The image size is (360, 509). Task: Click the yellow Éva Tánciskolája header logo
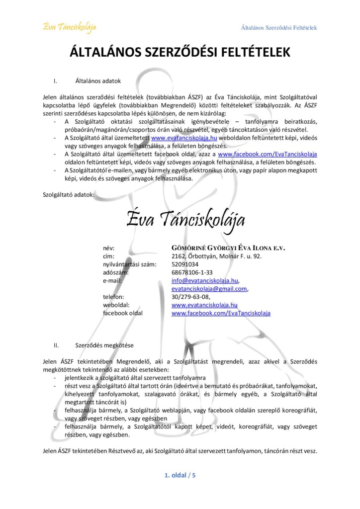[x=69, y=26]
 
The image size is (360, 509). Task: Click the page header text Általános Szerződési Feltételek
[x=278, y=28]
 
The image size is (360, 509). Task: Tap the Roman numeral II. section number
[x=56, y=344]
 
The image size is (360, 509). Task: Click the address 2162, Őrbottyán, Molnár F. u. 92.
[x=216, y=256]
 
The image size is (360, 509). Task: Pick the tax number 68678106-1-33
[x=192, y=272]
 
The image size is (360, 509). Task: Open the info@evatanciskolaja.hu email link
[x=205, y=281]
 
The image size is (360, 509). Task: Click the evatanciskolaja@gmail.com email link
[x=209, y=289]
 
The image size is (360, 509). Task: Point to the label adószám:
[x=116, y=272]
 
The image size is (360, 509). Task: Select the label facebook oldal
[x=122, y=313]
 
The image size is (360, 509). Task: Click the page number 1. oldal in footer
[x=175, y=475]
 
